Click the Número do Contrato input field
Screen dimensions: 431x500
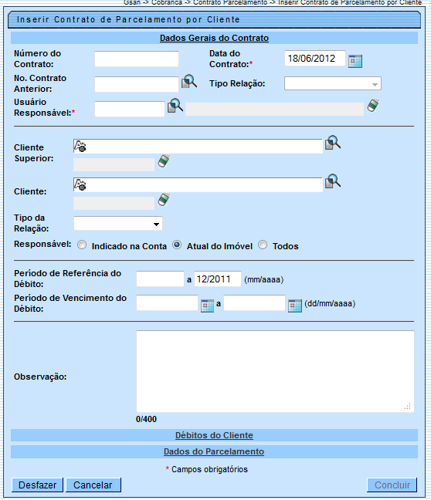(x=136, y=59)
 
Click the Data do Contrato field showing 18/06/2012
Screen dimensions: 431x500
(x=314, y=59)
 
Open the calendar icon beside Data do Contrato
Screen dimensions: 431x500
(x=355, y=61)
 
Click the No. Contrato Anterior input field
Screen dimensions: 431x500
(x=136, y=83)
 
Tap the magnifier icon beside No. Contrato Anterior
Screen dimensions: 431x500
(x=189, y=82)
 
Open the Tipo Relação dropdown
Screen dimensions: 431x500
(x=333, y=84)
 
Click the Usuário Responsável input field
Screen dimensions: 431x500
(x=129, y=109)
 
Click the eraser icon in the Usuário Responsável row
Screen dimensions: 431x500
(x=372, y=106)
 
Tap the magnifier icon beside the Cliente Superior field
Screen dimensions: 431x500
(x=333, y=143)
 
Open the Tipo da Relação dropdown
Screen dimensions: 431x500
(x=118, y=224)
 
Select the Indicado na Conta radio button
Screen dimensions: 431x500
(x=82, y=245)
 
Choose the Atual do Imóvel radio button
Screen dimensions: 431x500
(x=178, y=245)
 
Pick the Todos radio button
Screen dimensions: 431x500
(x=263, y=245)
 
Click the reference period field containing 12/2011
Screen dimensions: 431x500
(x=218, y=279)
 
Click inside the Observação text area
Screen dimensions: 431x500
(x=274, y=371)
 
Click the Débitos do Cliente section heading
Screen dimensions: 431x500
(x=214, y=436)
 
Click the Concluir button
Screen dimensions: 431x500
(x=392, y=485)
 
